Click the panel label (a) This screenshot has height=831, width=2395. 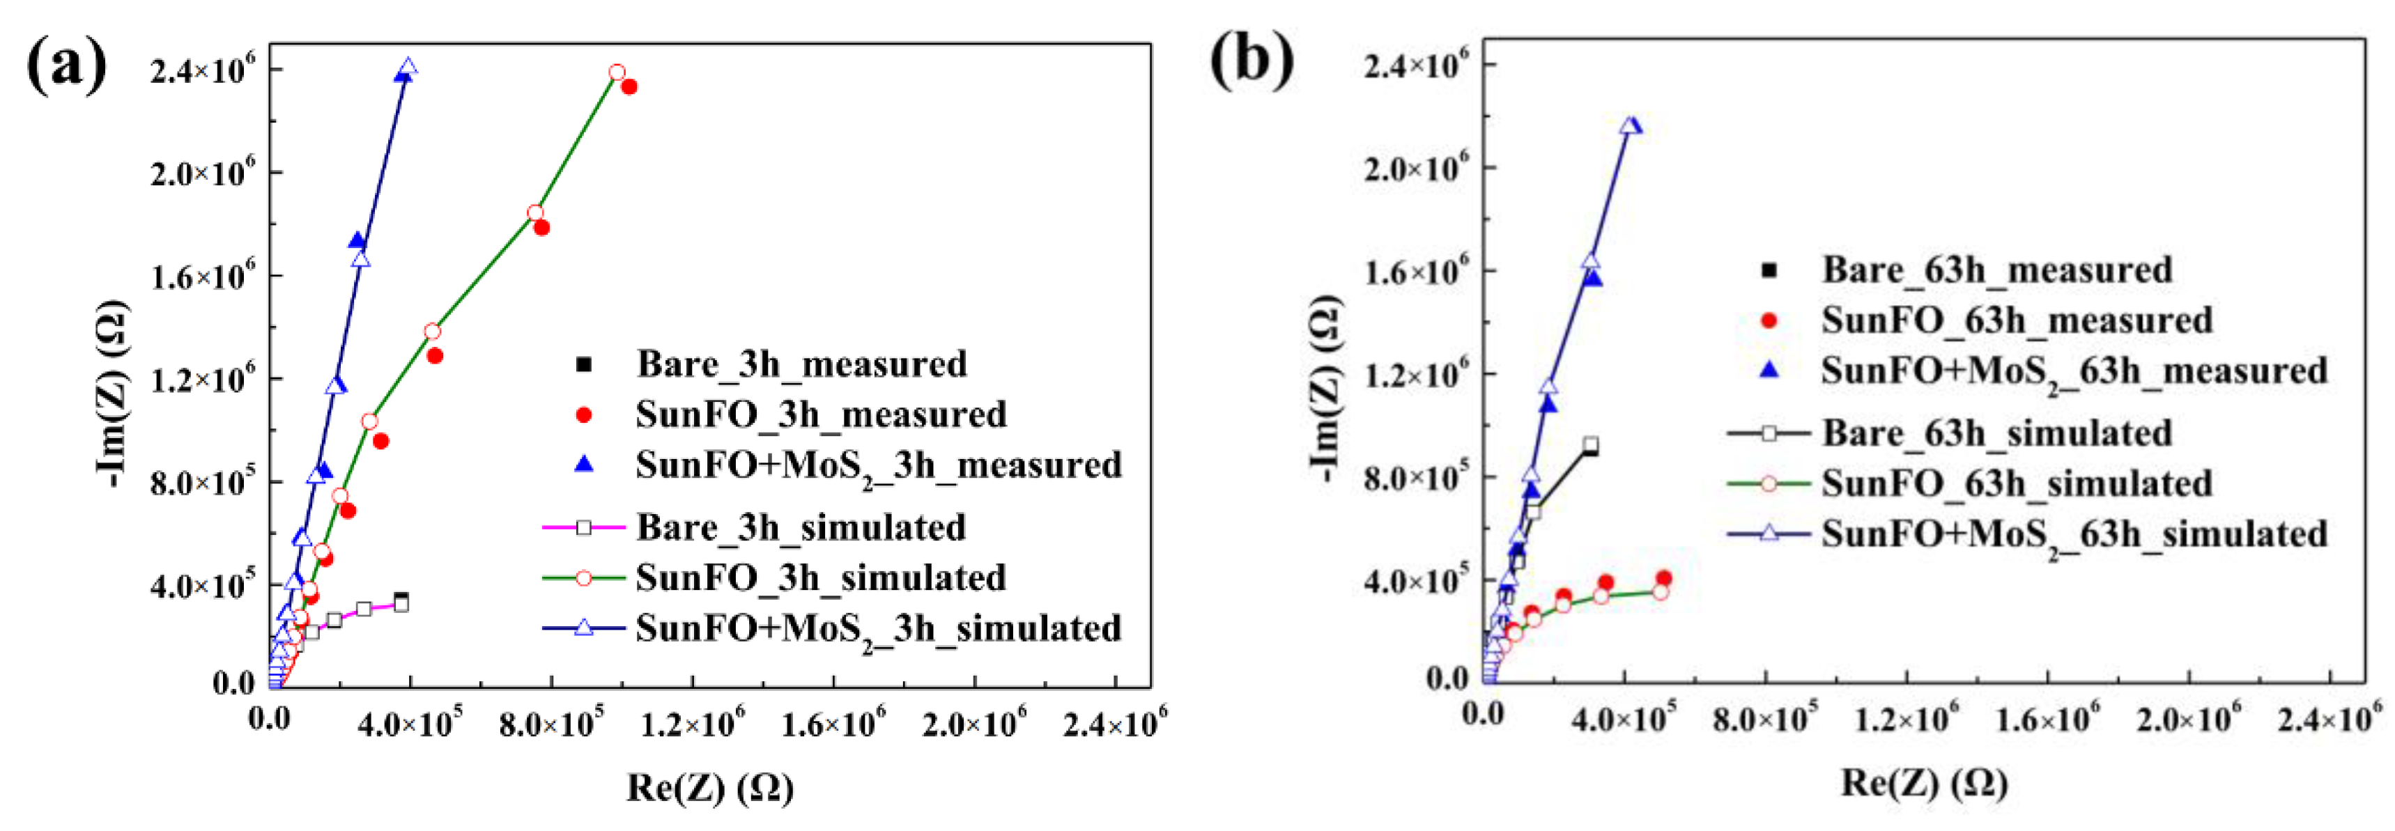tap(66, 66)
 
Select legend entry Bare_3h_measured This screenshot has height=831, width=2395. tap(801, 364)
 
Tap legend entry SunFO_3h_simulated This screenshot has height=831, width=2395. tap(820, 578)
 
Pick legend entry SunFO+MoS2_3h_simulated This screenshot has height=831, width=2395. tap(878, 629)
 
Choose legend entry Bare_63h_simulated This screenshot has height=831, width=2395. tap(1996, 433)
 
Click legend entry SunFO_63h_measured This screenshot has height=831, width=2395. tap(2016, 320)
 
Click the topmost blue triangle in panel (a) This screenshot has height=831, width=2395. tap(407, 68)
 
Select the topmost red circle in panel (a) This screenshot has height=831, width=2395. tap(617, 72)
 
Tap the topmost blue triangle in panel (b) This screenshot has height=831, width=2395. tap(1629, 125)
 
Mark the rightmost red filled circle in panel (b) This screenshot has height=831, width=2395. tap(1663, 579)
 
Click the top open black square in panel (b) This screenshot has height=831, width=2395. tap(1591, 444)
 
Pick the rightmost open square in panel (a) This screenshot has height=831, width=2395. tap(401, 605)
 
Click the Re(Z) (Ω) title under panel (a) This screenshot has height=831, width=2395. tap(710, 789)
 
